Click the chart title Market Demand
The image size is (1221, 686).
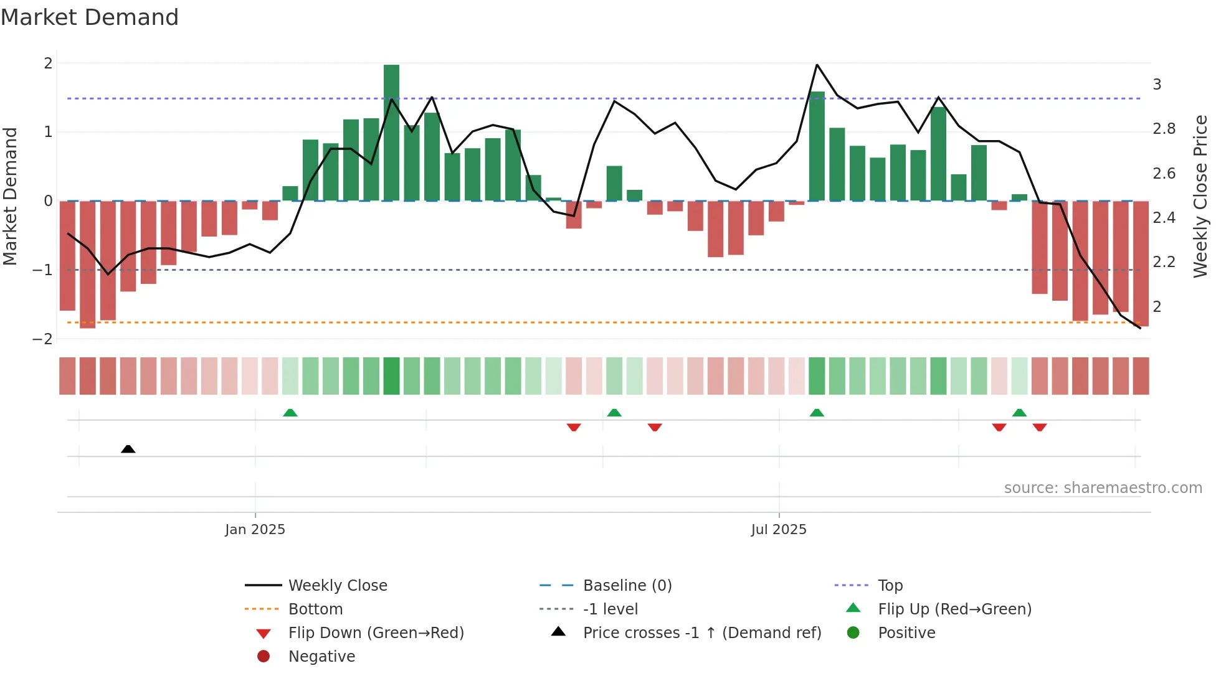[x=90, y=17]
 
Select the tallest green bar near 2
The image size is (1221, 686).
[x=391, y=132]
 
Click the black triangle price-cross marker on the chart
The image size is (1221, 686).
[x=128, y=449]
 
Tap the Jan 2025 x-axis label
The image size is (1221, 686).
[x=255, y=530]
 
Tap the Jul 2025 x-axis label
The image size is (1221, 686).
[x=779, y=530]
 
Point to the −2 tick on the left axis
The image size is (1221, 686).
[x=42, y=339]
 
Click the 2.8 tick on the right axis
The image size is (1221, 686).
[x=1164, y=129]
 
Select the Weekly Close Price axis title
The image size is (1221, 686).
[x=1200, y=196]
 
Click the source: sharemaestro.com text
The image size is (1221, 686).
[x=1103, y=488]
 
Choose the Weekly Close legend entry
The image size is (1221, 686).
[x=337, y=586]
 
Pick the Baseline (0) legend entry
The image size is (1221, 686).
[x=627, y=586]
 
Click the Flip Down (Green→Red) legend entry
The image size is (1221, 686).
[x=376, y=633]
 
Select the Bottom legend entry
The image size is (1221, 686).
[x=315, y=609]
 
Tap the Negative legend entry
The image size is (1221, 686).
[x=321, y=657]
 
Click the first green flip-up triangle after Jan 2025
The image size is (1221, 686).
[x=290, y=413]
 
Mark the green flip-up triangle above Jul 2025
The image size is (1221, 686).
[x=817, y=413]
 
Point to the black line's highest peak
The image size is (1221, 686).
[x=817, y=65]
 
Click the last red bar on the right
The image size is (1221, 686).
[x=1141, y=263]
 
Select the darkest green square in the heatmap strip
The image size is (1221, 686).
[x=391, y=376]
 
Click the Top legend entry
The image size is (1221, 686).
[x=890, y=586]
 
